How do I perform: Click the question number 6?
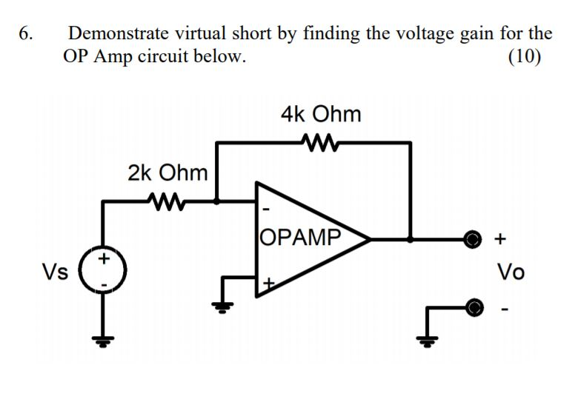pos(26,34)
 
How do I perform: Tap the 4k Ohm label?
pos(321,114)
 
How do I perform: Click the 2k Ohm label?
pos(167,173)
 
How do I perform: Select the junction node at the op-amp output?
pos(410,239)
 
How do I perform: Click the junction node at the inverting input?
pos(216,201)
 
